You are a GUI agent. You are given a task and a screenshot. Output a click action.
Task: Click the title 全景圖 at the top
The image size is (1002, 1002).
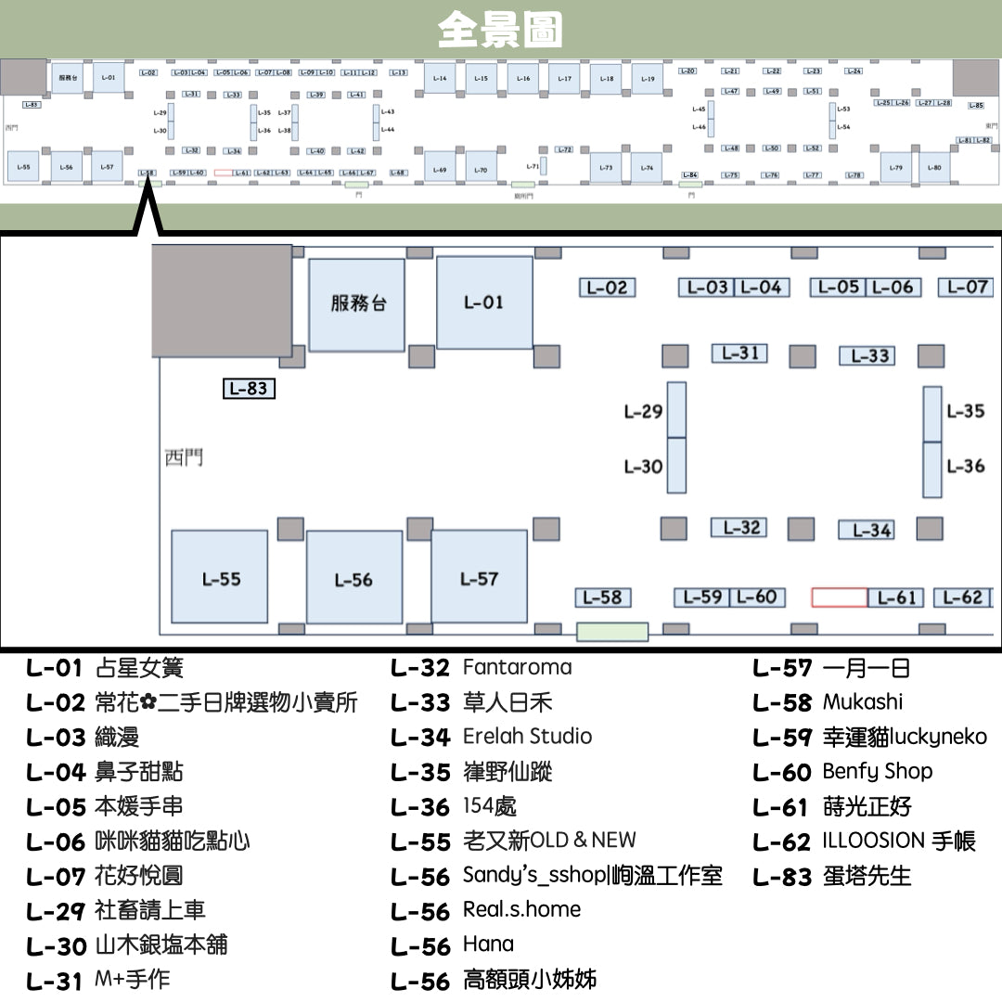(x=500, y=30)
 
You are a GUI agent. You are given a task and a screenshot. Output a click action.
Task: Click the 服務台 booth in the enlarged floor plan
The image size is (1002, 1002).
(x=357, y=304)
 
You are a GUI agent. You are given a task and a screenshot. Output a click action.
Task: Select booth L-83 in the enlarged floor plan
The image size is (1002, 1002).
(x=250, y=389)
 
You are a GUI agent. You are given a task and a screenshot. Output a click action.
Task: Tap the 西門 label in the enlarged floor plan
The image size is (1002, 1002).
(x=184, y=457)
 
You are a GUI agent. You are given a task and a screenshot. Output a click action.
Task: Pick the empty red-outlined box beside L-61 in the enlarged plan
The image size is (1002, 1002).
(x=839, y=597)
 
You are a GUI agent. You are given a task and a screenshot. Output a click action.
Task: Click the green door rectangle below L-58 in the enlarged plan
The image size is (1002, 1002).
(x=612, y=632)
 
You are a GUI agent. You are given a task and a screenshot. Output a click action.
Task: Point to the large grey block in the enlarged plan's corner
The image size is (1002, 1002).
(x=222, y=302)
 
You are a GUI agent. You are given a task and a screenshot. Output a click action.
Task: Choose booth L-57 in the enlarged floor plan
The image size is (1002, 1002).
(x=479, y=577)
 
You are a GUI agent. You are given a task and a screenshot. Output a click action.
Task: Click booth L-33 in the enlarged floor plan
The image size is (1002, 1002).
(x=870, y=356)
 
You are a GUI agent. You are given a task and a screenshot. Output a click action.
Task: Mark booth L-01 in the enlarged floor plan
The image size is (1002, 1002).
(x=484, y=302)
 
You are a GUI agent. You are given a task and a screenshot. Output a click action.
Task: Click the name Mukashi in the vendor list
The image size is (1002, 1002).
(x=862, y=702)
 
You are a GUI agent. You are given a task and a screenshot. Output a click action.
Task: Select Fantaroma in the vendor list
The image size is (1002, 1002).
(x=517, y=667)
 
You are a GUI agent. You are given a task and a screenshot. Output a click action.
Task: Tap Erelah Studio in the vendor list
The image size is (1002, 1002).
(x=527, y=737)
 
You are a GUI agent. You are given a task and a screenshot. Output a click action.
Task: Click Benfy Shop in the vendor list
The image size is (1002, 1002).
(x=877, y=772)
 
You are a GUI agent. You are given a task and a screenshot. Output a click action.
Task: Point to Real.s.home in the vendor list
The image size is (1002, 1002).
(x=521, y=909)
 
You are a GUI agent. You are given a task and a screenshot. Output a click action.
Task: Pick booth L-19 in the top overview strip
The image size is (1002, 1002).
(x=649, y=79)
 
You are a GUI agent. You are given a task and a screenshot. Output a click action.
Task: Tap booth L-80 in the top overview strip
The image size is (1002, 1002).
(x=934, y=168)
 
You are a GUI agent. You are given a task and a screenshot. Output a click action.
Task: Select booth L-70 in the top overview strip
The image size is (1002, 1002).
(x=481, y=170)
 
